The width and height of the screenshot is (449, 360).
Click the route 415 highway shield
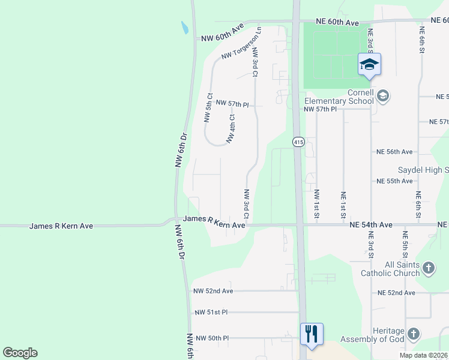pyautogui.click(x=298, y=142)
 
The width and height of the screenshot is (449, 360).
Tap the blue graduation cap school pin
pyautogui.click(x=369, y=65)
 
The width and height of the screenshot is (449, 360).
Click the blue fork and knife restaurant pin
pyautogui.click(x=312, y=334)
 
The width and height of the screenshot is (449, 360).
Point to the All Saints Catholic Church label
pyautogui.click(x=390, y=269)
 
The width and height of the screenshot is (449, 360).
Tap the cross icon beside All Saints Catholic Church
pyautogui.click(x=428, y=268)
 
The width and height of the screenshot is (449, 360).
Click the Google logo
pyautogui.click(x=20, y=353)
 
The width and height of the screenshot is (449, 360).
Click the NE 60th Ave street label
pyautogui.click(x=337, y=23)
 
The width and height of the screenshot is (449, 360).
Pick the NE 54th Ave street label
pyautogui.click(x=371, y=224)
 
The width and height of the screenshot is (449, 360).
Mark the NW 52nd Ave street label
pyautogui.click(x=212, y=291)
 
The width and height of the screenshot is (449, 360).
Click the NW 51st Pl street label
pyautogui.click(x=211, y=313)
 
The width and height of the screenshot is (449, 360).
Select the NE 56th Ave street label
pyautogui.click(x=394, y=152)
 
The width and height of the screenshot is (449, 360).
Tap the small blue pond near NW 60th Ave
pyautogui.click(x=184, y=28)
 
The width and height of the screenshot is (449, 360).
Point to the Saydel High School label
pyautogui.click(x=423, y=171)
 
